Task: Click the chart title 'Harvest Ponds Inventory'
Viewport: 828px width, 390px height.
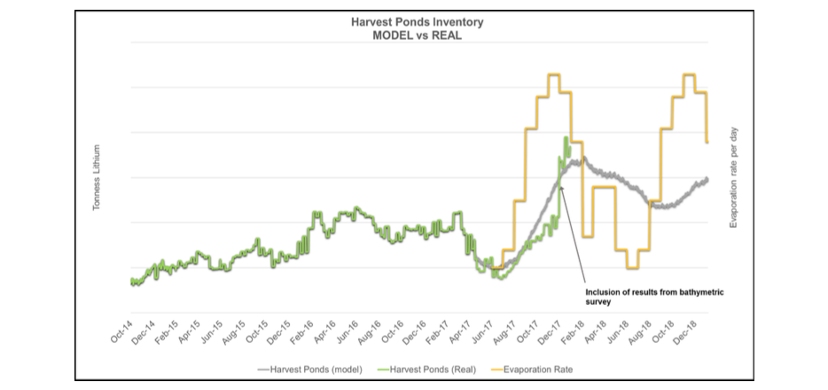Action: coord(418,22)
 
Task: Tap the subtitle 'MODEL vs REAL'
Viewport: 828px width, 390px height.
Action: coord(418,36)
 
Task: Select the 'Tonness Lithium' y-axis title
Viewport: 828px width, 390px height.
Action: coord(97,178)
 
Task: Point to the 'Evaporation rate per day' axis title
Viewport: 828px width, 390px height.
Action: coord(733,178)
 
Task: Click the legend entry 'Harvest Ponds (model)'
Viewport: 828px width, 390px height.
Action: coord(310,370)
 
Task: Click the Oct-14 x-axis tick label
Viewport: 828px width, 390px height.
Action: coord(122,331)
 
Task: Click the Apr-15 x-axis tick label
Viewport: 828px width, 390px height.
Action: coord(190,331)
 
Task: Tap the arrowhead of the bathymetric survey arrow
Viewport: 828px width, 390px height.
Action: coord(561,186)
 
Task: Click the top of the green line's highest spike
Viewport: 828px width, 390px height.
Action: coord(566,137)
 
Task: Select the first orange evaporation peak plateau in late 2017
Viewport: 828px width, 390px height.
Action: coord(554,74)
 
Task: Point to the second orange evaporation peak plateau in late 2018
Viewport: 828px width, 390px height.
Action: coord(690,74)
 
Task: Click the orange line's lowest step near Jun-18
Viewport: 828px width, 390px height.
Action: coord(633,268)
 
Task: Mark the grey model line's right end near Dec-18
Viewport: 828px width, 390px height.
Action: coord(707,179)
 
